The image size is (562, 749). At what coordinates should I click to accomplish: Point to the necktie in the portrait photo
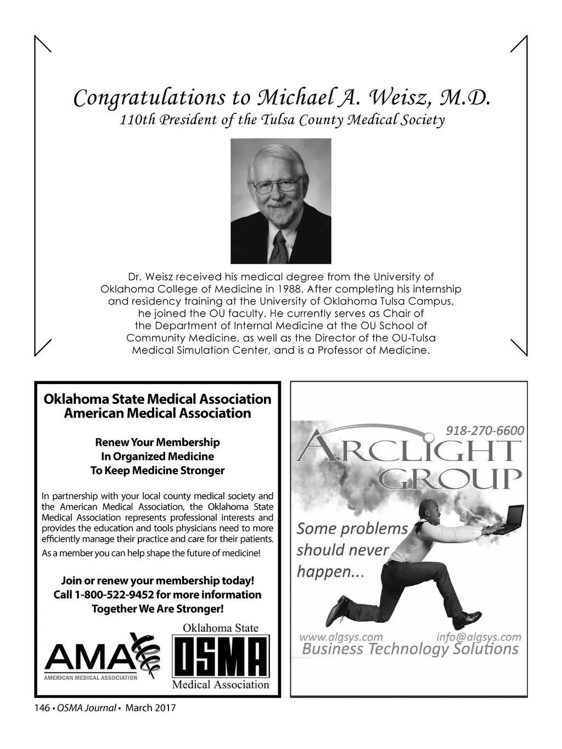[x=279, y=247]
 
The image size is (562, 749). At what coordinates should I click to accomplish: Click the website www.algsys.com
[x=341, y=637]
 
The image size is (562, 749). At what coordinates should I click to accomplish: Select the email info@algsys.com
[x=479, y=637]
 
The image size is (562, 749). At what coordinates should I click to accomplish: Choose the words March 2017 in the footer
[x=150, y=708]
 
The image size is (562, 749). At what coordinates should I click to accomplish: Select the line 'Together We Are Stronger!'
[x=158, y=609]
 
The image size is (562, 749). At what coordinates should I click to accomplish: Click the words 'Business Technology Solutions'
[x=410, y=650]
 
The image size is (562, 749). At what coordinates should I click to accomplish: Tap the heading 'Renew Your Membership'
[x=158, y=442]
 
